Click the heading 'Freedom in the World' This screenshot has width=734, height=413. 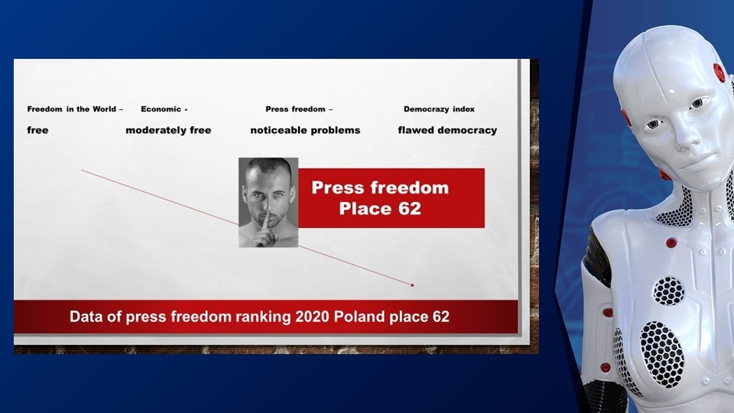72,109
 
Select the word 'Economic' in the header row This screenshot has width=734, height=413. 161,109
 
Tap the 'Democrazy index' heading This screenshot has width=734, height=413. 439,109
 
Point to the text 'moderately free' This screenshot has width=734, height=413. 168,130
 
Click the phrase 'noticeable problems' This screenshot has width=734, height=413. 305,130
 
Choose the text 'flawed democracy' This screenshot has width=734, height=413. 447,130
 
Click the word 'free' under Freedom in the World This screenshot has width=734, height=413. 37,130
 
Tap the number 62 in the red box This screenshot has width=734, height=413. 410,208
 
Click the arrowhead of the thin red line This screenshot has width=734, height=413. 412,285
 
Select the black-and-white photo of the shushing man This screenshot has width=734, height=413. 268,202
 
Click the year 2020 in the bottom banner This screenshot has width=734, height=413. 312,317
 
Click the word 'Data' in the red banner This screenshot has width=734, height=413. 86,317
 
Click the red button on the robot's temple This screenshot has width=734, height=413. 719,73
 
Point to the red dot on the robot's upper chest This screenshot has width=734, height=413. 671,242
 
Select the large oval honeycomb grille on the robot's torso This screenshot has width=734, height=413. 662,354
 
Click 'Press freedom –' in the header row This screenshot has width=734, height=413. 299,109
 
